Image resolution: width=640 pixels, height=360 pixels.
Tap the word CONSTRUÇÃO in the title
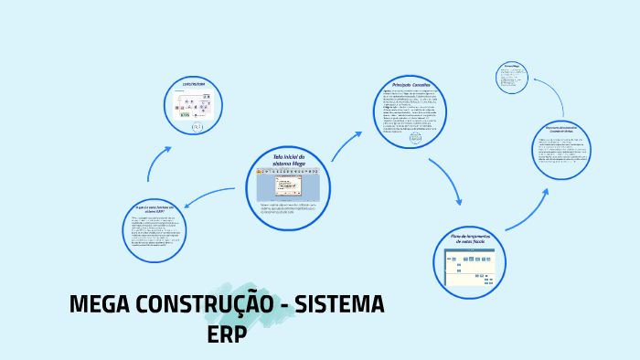201,305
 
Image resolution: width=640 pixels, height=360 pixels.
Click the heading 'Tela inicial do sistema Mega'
288,160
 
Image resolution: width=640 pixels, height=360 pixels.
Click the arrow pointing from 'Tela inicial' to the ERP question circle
209,196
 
